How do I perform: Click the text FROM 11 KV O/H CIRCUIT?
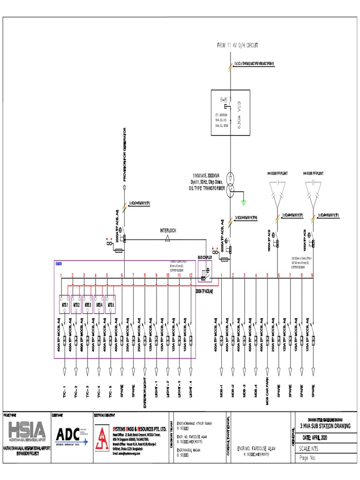[237, 45]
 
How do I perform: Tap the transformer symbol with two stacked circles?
[230, 184]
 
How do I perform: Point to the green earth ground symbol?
[244, 203]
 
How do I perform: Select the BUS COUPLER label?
[205, 258]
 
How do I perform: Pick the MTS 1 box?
[64, 304]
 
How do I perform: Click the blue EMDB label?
[59, 264]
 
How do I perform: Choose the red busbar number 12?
[191, 275]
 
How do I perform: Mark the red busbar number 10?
[168, 275]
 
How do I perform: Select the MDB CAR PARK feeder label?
[267, 387]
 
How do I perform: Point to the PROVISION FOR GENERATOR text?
[125, 155]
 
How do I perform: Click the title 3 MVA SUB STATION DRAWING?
[326, 425]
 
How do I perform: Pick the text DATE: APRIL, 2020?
[321, 437]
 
